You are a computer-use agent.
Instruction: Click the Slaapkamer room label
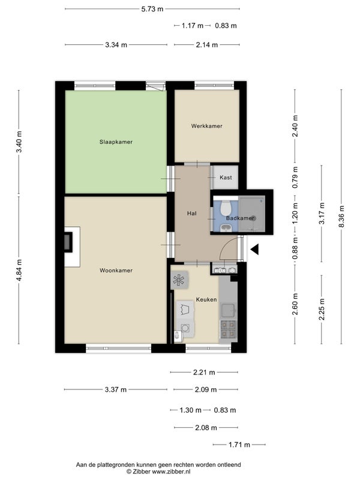(116, 142)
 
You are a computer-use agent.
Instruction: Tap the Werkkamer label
(206, 126)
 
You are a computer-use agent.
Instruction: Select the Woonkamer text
(116, 271)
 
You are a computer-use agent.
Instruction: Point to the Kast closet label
(226, 177)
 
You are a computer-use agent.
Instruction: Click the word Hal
(191, 214)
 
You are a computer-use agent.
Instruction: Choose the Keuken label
(206, 299)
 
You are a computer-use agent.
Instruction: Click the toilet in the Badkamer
(226, 208)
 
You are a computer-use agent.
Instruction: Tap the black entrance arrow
(254, 249)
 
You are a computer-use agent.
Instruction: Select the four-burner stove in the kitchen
(229, 329)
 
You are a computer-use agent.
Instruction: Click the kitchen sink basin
(228, 310)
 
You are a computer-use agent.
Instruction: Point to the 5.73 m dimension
(152, 9)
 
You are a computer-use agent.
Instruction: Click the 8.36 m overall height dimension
(341, 217)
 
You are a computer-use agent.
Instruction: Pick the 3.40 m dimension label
(19, 142)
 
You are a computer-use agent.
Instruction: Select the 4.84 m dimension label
(19, 271)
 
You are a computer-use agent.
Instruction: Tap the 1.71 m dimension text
(239, 445)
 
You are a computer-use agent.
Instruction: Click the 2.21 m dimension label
(204, 372)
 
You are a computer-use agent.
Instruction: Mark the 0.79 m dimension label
(295, 177)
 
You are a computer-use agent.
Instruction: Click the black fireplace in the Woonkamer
(68, 242)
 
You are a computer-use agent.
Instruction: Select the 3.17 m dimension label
(322, 214)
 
